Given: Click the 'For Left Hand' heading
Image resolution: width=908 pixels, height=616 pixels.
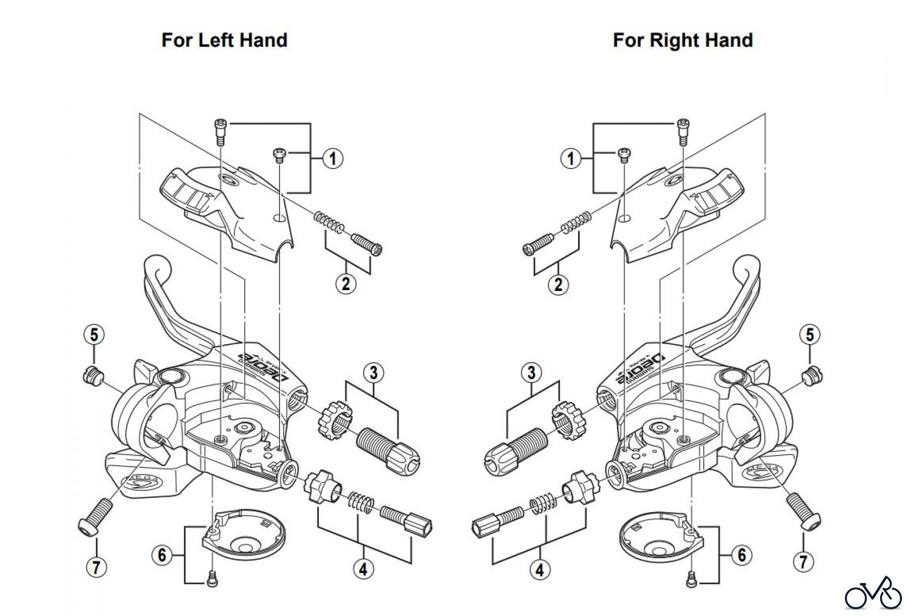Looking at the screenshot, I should tap(224, 40).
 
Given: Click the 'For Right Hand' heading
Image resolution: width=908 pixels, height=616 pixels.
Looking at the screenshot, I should tap(683, 40).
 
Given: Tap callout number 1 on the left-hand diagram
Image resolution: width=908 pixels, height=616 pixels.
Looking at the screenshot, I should tap(332, 158).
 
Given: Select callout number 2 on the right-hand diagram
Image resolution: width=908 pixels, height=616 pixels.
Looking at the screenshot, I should tap(558, 285).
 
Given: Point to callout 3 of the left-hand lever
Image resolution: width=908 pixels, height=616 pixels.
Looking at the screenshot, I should tap(373, 373).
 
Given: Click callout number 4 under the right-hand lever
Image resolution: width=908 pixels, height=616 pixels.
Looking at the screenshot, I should tap(540, 570).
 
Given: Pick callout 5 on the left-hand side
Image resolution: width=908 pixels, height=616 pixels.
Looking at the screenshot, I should tap(94, 334).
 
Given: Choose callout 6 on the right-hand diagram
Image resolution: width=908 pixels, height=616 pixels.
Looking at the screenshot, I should tap(742, 555).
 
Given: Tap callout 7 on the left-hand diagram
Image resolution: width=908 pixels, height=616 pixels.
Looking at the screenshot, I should tap(96, 566).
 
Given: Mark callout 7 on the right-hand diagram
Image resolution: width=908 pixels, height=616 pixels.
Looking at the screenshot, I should tap(803, 562).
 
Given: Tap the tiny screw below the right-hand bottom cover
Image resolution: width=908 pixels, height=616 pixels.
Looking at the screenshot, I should tap(691, 581).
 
